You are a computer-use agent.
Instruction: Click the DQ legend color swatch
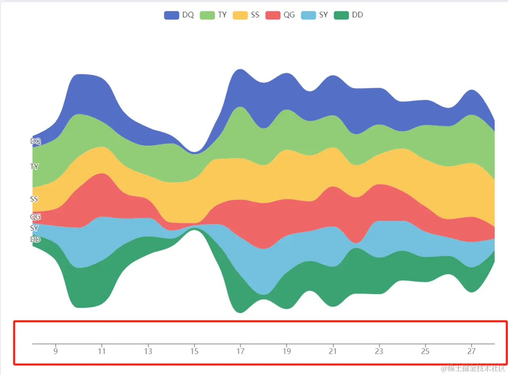[x=171, y=15]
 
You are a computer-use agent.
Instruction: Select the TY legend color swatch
[x=207, y=15]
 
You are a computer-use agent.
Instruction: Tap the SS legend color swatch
[x=240, y=15]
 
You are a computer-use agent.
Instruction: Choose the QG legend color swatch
[x=273, y=15]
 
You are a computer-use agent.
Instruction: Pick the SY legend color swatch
[x=309, y=15]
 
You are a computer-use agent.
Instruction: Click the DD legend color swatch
[x=342, y=15]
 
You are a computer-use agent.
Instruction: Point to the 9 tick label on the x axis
[x=56, y=351]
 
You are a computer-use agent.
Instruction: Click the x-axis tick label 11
[x=102, y=351]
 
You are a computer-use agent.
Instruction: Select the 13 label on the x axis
[x=148, y=351]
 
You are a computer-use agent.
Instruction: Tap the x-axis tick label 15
[x=194, y=351]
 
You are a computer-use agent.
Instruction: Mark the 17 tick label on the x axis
[x=240, y=351]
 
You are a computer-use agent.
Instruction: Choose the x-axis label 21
[x=333, y=351]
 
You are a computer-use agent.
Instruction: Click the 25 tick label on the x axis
[x=425, y=351]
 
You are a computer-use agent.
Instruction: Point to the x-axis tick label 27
[x=471, y=351]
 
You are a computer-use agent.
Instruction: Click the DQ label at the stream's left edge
[x=36, y=141]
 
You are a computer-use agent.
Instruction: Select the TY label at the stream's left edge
[x=34, y=166]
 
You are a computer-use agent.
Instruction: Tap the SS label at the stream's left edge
[x=34, y=199]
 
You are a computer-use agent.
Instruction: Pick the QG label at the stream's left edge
[x=36, y=217]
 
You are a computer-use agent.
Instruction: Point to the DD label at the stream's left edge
[x=36, y=239]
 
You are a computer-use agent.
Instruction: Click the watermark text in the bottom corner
[x=473, y=368]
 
